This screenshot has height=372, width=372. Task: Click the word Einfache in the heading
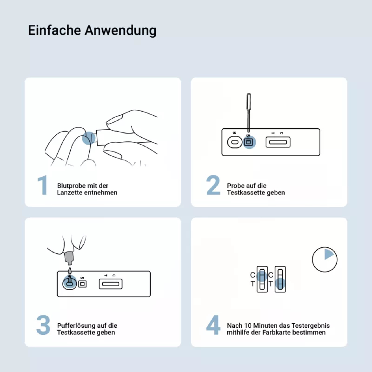(54, 31)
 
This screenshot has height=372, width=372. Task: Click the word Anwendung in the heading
(121, 31)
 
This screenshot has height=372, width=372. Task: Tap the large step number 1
(43, 185)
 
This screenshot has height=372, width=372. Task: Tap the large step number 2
(213, 185)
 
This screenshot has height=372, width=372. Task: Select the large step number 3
(43, 325)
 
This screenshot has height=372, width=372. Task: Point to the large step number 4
(213, 325)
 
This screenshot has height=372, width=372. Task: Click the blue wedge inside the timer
(328, 254)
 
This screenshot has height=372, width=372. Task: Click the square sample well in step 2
(248, 142)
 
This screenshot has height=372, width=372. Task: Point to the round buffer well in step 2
(235, 142)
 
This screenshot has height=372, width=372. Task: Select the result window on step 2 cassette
(278, 142)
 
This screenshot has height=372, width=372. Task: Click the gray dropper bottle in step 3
(69, 259)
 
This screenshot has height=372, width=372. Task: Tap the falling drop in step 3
(70, 270)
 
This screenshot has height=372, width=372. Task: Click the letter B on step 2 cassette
(234, 133)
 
